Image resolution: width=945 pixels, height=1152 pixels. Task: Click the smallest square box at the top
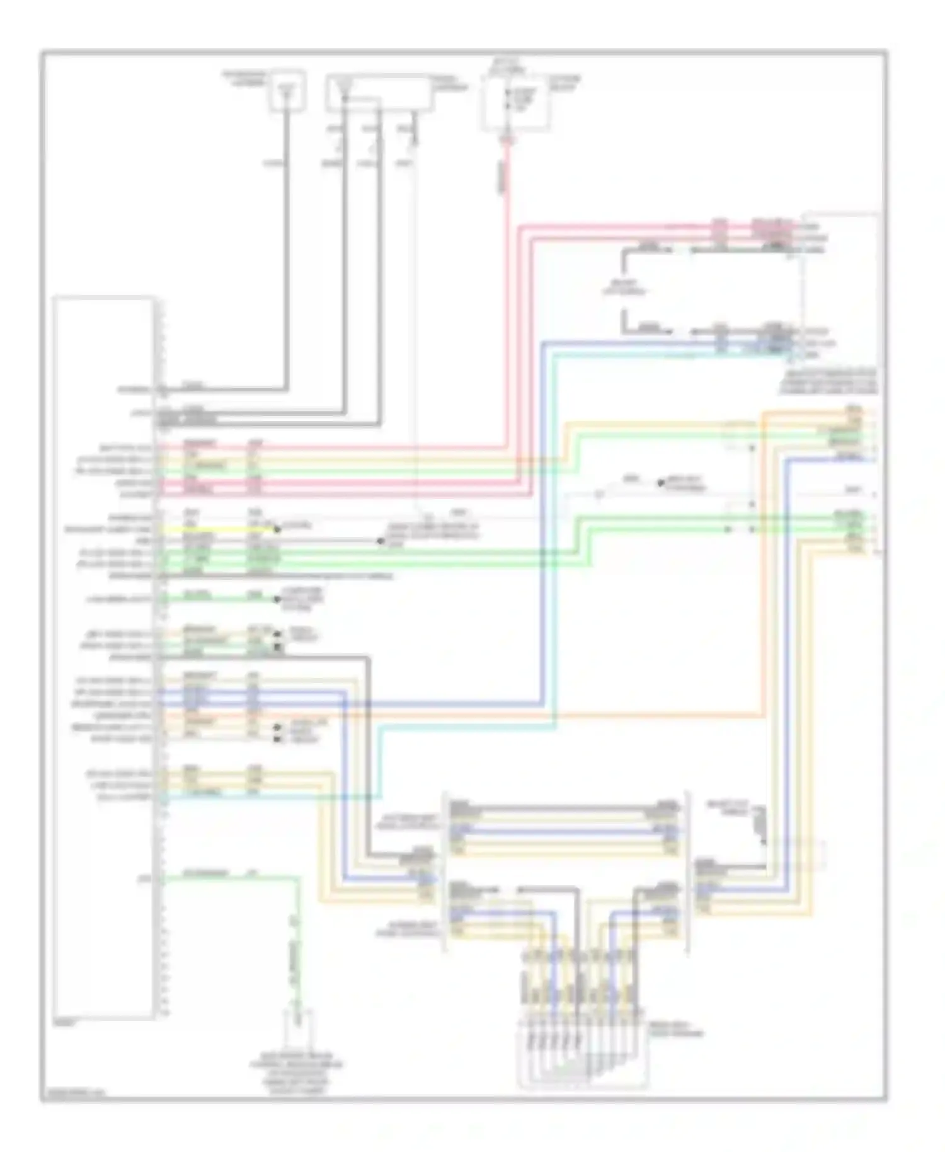click(x=287, y=91)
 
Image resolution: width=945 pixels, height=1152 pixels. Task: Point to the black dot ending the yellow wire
click(x=277, y=531)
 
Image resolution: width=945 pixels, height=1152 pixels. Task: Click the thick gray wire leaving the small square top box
click(x=287, y=252)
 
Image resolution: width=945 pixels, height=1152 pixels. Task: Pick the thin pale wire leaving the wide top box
click(x=415, y=315)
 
